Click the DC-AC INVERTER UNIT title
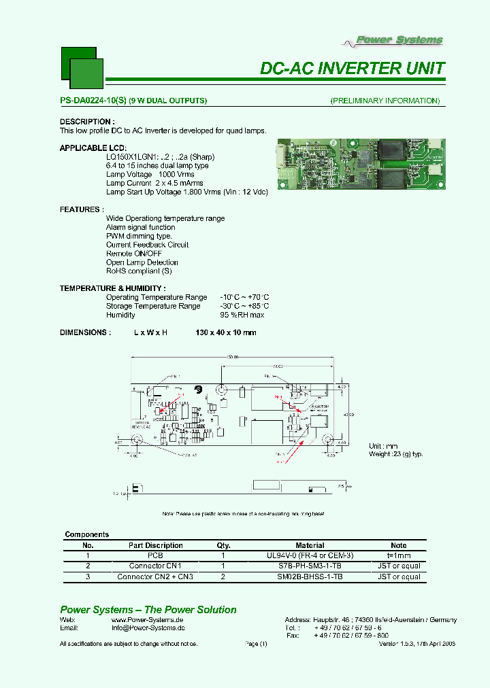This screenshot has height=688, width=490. [353, 69]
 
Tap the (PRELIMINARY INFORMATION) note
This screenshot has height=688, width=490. [385, 101]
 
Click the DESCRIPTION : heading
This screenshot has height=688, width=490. [85, 122]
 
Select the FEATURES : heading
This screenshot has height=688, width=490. [82, 209]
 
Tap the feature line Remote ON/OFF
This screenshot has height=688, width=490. [134, 254]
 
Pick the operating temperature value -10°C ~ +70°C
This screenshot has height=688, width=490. [244, 297]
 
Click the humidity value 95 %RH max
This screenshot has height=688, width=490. [242, 315]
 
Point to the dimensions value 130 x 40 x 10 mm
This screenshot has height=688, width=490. [226, 332]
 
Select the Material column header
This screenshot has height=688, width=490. [310, 545]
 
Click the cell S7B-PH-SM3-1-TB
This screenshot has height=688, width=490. [310, 566]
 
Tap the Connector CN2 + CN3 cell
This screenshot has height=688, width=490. [155, 577]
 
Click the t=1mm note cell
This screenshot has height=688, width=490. [399, 555]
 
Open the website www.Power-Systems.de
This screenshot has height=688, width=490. [148, 620]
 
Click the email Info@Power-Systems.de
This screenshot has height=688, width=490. [148, 629]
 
